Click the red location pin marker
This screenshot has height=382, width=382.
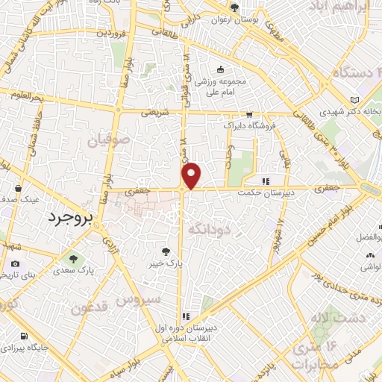(x=192, y=176)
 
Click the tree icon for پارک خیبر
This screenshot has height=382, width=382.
(x=166, y=251)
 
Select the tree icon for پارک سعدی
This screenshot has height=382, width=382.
(x=74, y=258)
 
